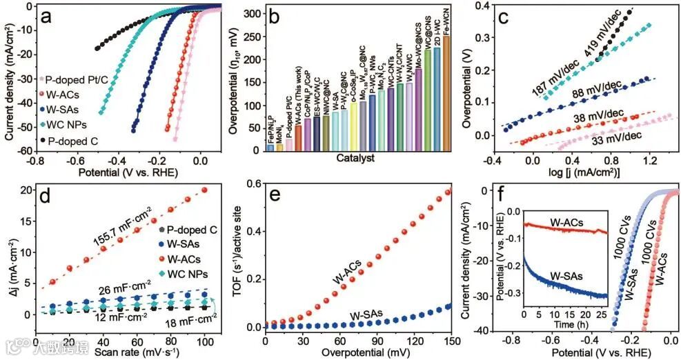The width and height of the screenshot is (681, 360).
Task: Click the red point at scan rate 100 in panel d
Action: [x=204, y=190]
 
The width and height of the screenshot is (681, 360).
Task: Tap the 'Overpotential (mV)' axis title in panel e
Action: [x=357, y=350]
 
